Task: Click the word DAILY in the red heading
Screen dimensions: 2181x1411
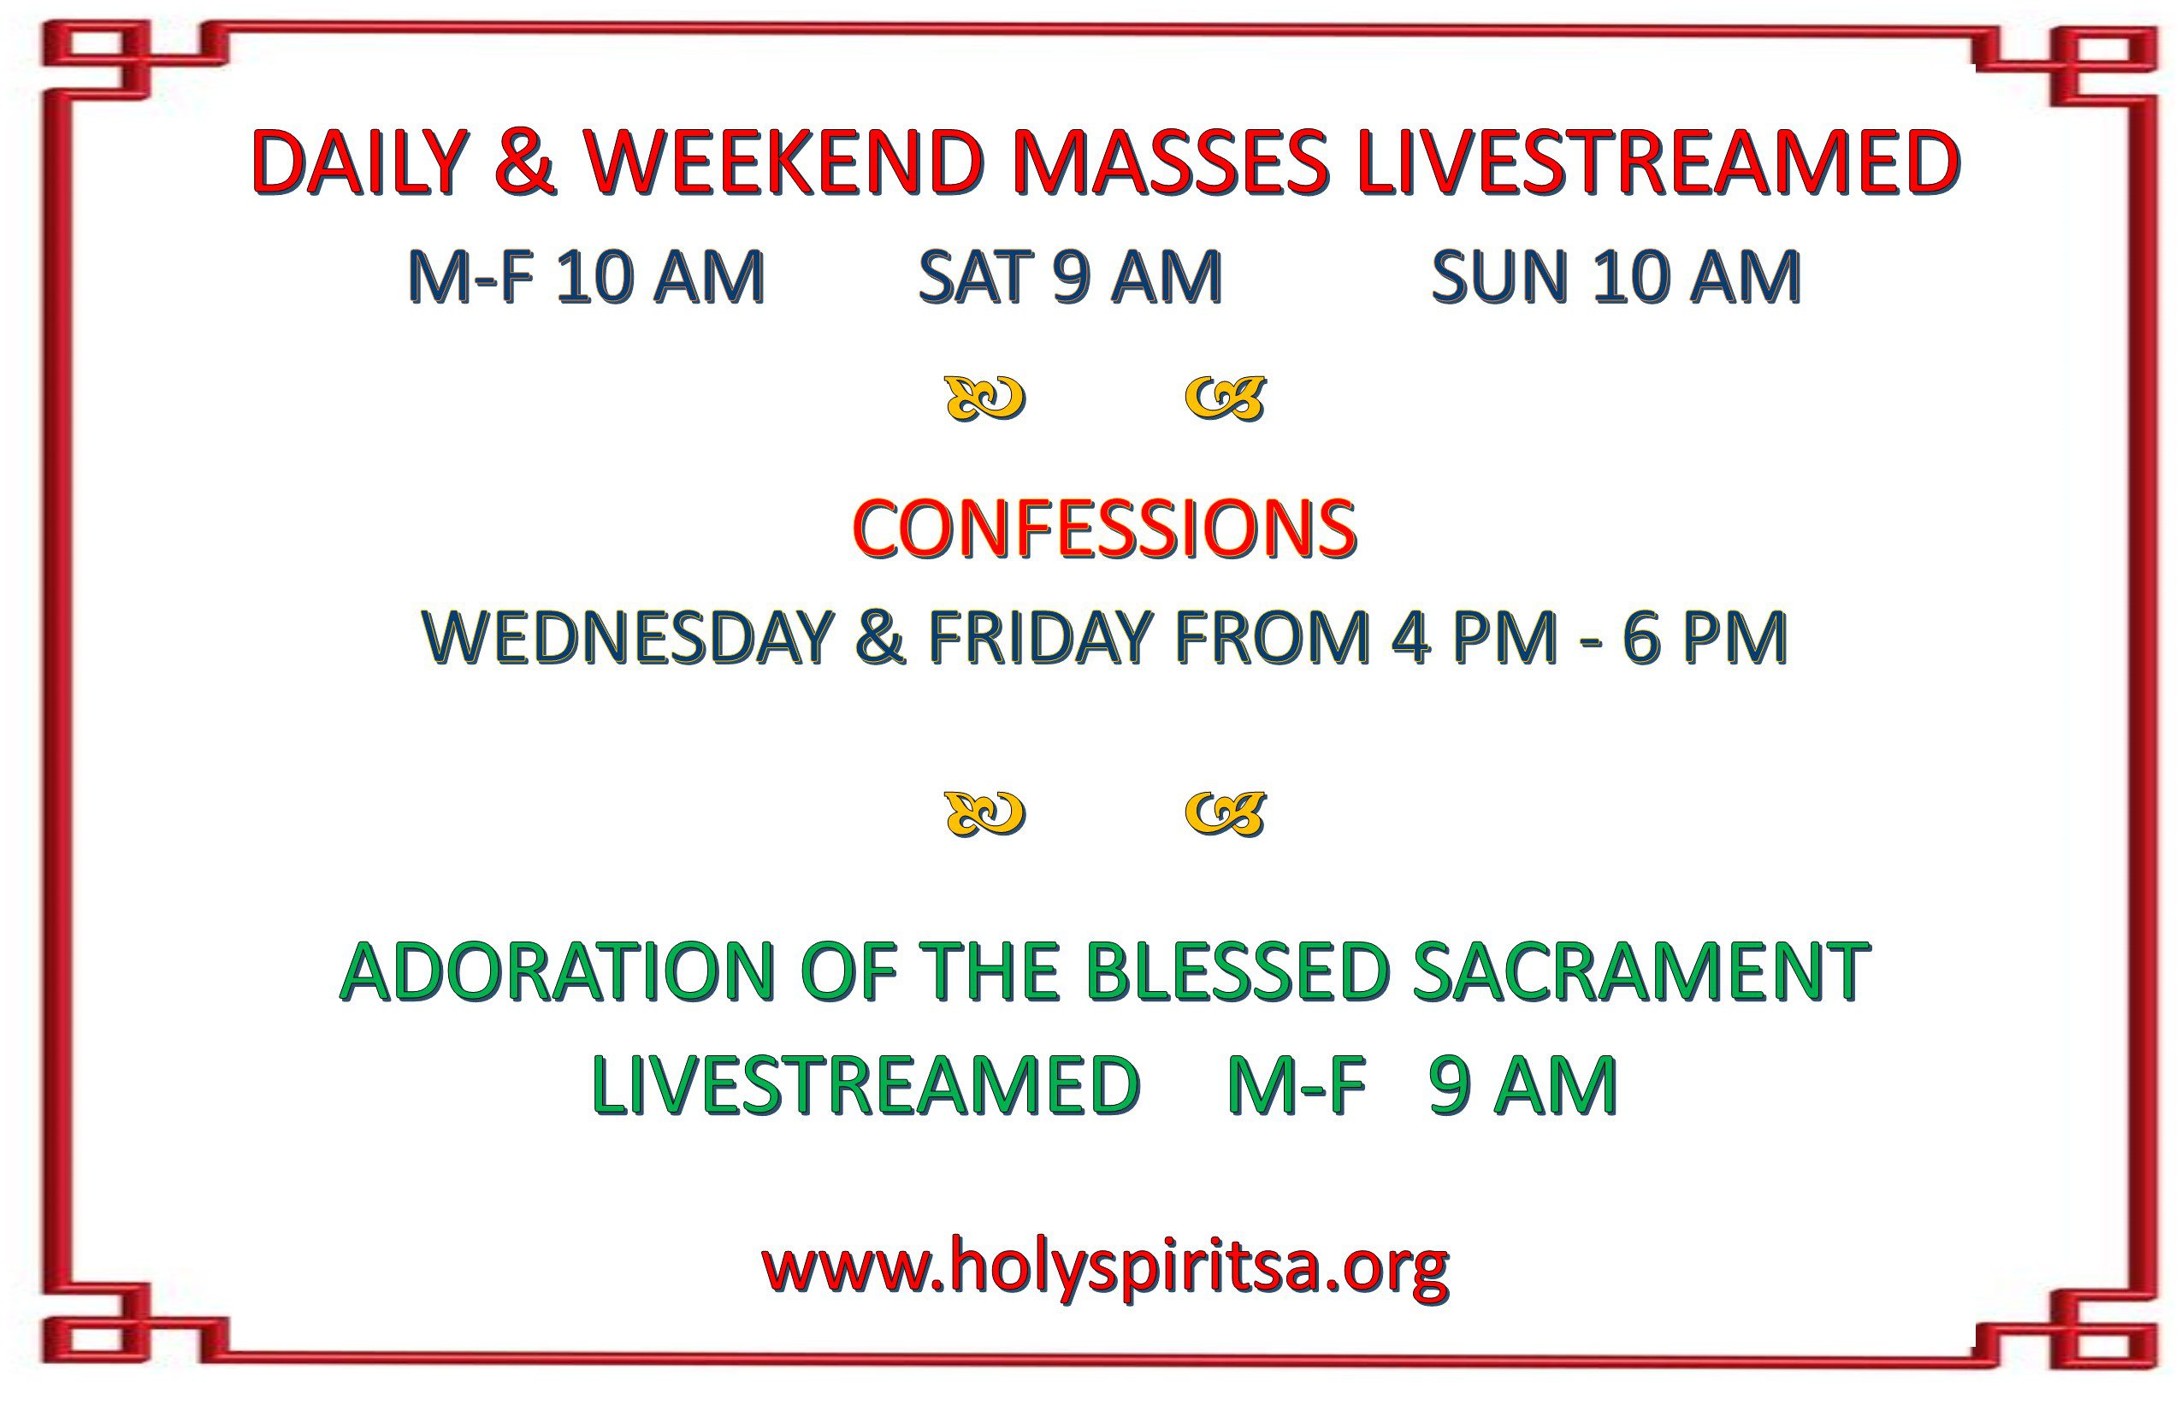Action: (x=358, y=162)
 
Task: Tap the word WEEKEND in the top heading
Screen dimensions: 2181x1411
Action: (x=784, y=162)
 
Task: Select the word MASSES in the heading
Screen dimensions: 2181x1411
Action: (x=1172, y=162)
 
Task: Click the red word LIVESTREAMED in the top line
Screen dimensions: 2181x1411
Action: (x=1659, y=162)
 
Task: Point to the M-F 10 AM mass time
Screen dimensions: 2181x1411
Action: (x=587, y=277)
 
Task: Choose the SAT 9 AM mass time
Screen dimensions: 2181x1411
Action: (x=1070, y=277)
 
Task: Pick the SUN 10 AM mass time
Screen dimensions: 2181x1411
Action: (x=1617, y=277)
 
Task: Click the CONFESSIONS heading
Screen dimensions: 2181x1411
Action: (x=1104, y=529)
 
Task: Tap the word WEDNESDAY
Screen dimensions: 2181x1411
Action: (x=629, y=637)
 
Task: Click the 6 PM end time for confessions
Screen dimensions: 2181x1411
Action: (x=1705, y=637)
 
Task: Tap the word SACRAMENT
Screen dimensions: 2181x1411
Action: (x=1641, y=972)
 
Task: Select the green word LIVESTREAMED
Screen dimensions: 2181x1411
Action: (x=866, y=1086)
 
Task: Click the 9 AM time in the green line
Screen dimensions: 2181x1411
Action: (x=1522, y=1086)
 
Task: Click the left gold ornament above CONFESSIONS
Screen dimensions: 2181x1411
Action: (x=985, y=399)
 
